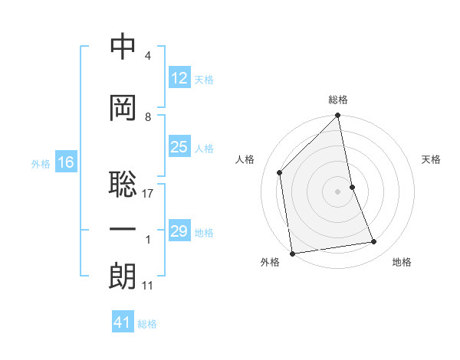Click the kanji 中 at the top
123,47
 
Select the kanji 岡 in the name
123,108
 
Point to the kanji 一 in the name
123,230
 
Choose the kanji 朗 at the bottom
123,277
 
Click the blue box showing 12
179,78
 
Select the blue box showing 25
179,148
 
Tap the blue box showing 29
179,231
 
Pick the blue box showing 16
65,162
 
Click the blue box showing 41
123,322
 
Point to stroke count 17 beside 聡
148,193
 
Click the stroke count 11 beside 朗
148,286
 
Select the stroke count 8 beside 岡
148,116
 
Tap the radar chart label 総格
338,100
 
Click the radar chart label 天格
431,159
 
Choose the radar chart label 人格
245,159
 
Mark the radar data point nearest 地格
374,242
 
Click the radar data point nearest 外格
292,254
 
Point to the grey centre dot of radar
337,191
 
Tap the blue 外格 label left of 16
41,163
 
